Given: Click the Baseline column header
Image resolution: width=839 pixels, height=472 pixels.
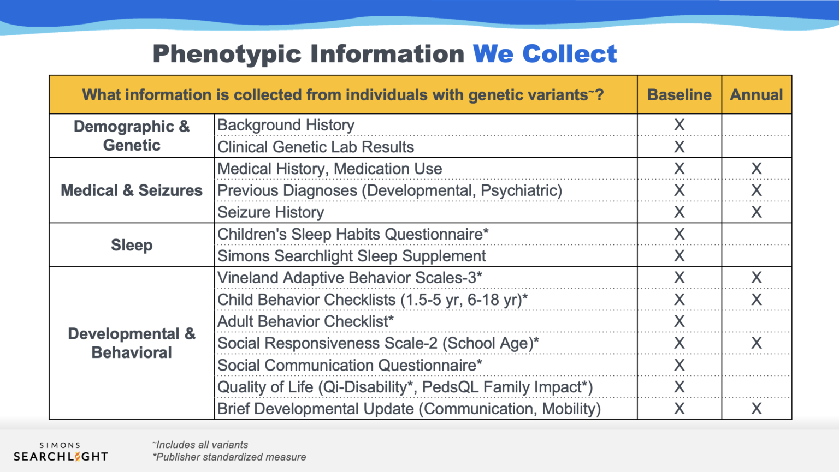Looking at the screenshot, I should [679, 95].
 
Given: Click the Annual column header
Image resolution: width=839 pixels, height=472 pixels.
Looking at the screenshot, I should [757, 95].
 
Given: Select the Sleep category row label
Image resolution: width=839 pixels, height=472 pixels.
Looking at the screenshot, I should [132, 245].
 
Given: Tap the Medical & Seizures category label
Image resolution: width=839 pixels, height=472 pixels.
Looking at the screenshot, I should [132, 190].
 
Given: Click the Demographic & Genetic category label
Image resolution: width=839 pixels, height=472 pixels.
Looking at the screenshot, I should [132, 136].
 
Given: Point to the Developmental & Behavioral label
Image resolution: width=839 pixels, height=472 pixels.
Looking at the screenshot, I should [132, 343].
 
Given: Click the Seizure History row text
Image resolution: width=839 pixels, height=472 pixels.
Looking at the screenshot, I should [271, 212].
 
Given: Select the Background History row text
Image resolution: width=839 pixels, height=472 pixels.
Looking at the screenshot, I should [286, 125].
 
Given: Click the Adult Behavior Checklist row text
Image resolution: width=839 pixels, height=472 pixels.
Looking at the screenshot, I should [305, 321].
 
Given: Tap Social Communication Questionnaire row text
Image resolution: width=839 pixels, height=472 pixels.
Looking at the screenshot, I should [350, 365].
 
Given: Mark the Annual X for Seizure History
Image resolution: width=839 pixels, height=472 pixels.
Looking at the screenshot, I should [757, 212].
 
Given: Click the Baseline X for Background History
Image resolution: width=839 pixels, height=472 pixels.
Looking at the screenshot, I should [679, 125].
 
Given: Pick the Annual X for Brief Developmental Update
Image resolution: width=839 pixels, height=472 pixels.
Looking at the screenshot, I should [757, 409].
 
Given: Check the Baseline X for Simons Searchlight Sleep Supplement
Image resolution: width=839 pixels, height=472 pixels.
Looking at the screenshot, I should [679, 256].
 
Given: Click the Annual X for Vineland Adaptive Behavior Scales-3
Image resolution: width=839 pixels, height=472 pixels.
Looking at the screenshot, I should [757, 278].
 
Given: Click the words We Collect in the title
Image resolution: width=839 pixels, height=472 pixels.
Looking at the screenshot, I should [545, 54].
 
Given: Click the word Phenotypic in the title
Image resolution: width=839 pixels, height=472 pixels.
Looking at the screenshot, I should [227, 54].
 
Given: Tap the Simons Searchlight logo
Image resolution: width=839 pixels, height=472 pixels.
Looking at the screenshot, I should [61, 452].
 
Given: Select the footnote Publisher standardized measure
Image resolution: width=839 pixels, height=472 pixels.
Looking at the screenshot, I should [230, 457].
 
